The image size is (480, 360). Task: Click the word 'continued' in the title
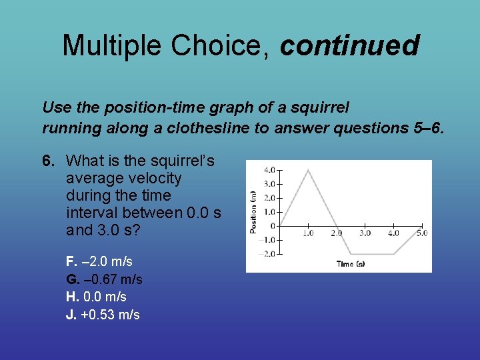click(x=349, y=45)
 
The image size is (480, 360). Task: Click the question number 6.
click(x=47, y=161)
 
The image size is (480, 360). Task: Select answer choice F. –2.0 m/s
click(x=99, y=261)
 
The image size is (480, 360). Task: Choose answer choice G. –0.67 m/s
click(x=104, y=279)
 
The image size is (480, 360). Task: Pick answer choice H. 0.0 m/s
click(x=96, y=297)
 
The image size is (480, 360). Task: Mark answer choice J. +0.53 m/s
click(x=103, y=315)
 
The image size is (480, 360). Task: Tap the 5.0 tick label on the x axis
click(x=421, y=233)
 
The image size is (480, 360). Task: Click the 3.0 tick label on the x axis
click(x=365, y=233)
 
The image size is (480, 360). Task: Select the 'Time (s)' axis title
click(x=351, y=264)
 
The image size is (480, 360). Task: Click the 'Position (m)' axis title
click(x=253, y=211)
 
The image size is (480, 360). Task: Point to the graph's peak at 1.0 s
click(x=308, y=170)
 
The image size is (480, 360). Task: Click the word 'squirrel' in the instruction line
click(x=323, y=107)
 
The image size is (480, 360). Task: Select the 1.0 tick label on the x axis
click(x=308, y=233)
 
